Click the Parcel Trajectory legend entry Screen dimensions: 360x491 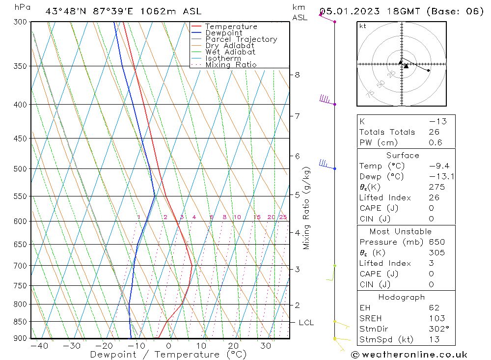click(241, 39)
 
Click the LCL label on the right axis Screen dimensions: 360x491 click(306, 323)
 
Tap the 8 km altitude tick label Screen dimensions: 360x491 click(297, 75)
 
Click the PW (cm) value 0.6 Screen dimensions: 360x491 click(436, 143)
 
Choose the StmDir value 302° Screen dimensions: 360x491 click(438, 329)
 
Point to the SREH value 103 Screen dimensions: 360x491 click(436, 318)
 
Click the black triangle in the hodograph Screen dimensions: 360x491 click(406, 66)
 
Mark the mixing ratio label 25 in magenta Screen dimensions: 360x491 click(283, 217)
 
